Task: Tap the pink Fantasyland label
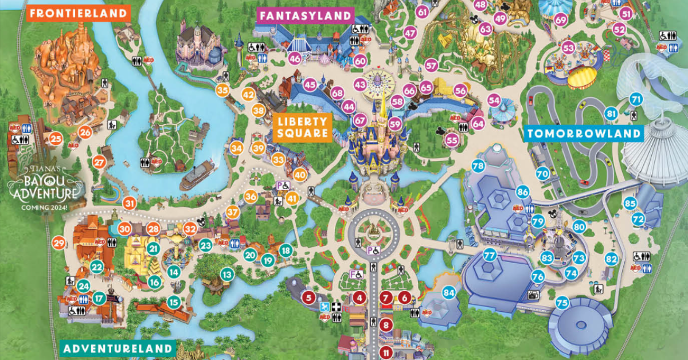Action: pos(304,15)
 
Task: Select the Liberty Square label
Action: pos(304,127)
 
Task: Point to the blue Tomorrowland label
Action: pos(584,134)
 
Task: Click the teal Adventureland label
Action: pos(117,348)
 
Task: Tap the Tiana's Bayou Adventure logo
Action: pos(48,180)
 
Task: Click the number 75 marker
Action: pos(562,302)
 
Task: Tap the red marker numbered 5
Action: pos(309,297)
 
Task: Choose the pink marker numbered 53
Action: pos(568,48)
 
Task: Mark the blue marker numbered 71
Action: pos(635,99)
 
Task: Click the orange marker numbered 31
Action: pos(129,202)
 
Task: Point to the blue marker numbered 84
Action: pos(449,293)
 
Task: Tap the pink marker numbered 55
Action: pos(452,139)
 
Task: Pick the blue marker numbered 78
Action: pos(478,166)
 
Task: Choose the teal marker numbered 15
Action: pos(174,302)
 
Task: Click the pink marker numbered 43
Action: pos(360,84)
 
